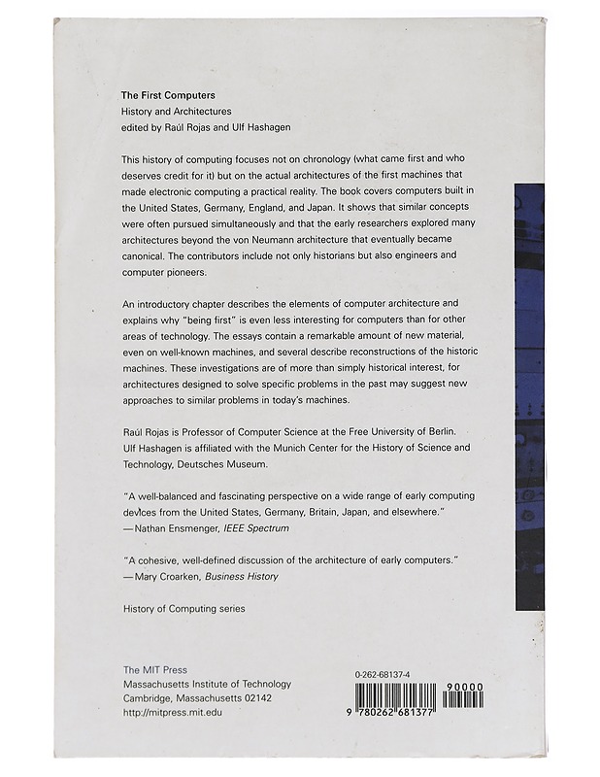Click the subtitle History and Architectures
pos(176,113)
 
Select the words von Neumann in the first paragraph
pos(295,240)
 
